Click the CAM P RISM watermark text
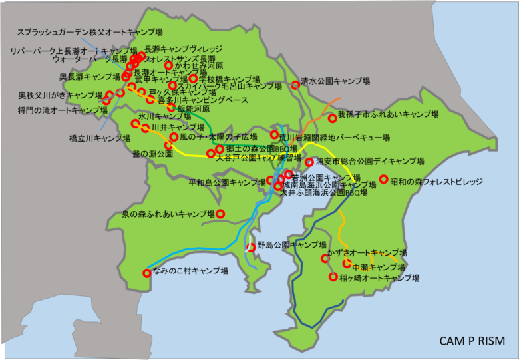pyautogui.click(x=472, y=341)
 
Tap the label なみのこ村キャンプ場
pyautogui.click(x=190, y=271)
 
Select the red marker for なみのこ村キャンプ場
pyautogui.click(x=147, y=273)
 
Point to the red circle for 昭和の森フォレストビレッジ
pyautogui.click(x=384, y=179)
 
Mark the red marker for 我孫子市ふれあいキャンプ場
pyautogui.click(x=332, y=119)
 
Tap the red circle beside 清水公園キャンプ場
pyautogui.click(x=295, y=85)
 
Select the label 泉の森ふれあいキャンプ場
pyautogui.click(x=168, y=214)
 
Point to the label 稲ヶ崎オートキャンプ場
pyautogui.click(x=379, y=278)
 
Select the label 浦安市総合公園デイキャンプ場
pyautogui.click(x=370, y=162)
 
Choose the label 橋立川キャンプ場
pyautogui.click(x=100, y=138)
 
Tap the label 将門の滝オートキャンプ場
pyautogui.click(x=54, y=109)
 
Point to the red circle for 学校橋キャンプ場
pyautogui.click(x=193, y=79)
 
